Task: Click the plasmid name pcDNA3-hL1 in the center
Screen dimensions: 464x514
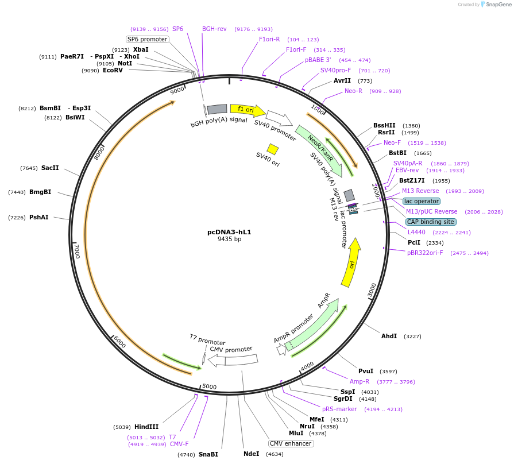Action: click(x=229, y=232)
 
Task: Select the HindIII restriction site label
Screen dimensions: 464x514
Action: click(x=146, y=427)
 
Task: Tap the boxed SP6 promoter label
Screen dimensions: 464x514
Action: click(x=147, y=39)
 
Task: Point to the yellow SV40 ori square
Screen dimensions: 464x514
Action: click(x=273, y=149)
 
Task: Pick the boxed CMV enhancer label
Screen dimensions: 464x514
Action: click(x=291, y=443)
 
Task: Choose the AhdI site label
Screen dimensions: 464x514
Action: click(x=389, y=336)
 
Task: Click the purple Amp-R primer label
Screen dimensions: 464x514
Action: click(x=360, y=381)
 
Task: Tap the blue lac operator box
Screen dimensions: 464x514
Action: click(x=422, y=201)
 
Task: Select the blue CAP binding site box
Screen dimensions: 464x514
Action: click(x=431, y=222)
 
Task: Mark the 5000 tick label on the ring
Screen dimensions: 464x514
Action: click(x=210, y=386)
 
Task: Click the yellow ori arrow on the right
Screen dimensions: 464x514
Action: click(x=351, y=263)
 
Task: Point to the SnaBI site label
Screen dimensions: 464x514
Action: click(x=208, y=454)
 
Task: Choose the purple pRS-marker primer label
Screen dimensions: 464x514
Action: click(x=339, y=409)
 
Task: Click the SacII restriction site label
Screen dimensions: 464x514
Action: click(x=50, y=168)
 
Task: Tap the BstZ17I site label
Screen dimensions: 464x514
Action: click(x=412, y=180)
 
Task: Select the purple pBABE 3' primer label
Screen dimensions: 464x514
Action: click(x=318, y=60)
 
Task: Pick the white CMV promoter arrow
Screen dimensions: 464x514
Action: click(x=233, y=360)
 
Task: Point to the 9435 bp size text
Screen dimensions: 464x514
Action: click(x=229, y=239)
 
